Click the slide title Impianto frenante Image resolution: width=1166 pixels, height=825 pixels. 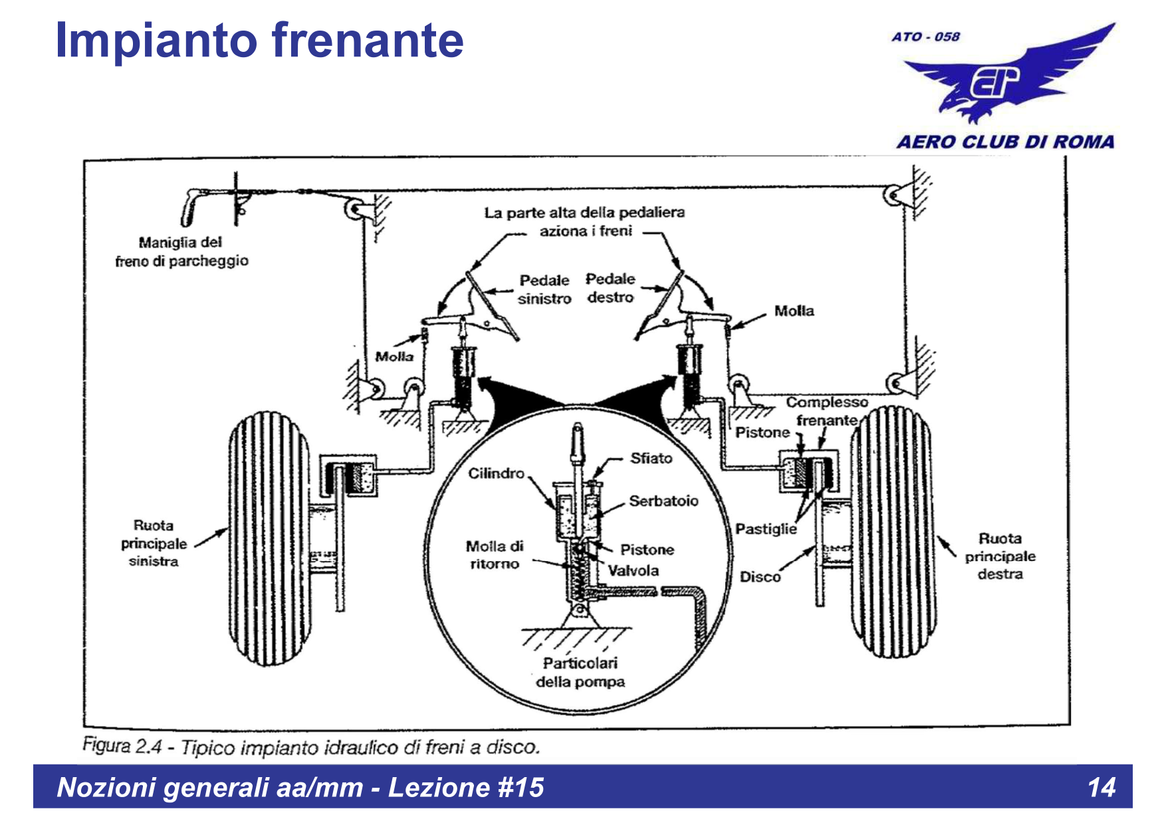(259, 41)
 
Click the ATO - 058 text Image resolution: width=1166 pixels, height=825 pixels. (925, 37)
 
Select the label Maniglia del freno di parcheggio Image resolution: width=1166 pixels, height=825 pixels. (181, 252)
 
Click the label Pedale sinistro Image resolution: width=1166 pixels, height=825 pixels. (544, 289)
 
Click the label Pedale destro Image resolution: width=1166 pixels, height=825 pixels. (610, 288)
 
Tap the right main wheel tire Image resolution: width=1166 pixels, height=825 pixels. (891, 532)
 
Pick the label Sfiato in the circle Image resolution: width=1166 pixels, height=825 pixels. (651, 458)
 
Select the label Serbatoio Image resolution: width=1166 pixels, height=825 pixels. (663, 501)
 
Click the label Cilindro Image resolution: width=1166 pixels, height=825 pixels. (496, 473)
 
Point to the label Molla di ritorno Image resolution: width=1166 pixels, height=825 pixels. (494, 555)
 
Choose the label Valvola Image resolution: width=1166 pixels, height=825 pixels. (633, 570)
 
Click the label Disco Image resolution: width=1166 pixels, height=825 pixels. (760, 576)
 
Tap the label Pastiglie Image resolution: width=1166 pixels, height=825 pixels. (766, 529)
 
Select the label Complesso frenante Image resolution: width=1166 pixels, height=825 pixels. (827, 411)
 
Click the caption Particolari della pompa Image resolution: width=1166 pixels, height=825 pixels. (580, 672)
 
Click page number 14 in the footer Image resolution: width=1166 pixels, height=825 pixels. (1101, 787)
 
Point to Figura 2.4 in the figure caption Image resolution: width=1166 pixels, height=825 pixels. (122, 746)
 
